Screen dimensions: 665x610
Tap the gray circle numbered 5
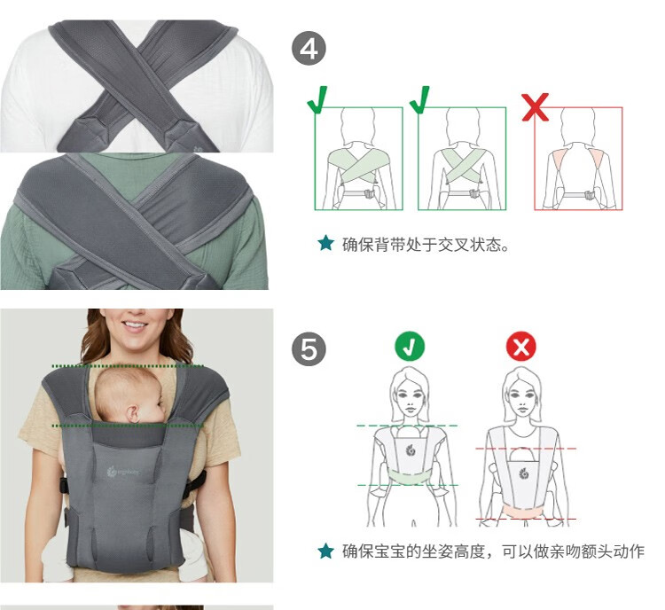tap(309, 348)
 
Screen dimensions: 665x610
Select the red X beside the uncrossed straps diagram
tap(536, 107)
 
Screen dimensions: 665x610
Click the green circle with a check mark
tap(410, 346)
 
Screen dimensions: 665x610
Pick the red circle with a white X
tap(521, 346)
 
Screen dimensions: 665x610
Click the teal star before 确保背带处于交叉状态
tap(325, 243)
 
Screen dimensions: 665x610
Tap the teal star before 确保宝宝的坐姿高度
tap(325, 551)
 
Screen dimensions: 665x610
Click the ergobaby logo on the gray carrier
tap(123, 472)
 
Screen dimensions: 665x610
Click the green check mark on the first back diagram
tap(317, 99)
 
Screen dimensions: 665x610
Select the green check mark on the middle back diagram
tap(420, 99)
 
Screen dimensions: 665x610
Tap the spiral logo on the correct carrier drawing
tap(411, 450)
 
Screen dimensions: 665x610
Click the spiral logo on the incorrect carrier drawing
tap(522, 473)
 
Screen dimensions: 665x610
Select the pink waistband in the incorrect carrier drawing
tap(522, 512)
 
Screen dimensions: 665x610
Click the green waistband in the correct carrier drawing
tap(410, 477)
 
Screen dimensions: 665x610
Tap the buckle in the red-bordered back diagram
tap(589, 196)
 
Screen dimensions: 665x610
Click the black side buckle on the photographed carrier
tap(64, 485)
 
